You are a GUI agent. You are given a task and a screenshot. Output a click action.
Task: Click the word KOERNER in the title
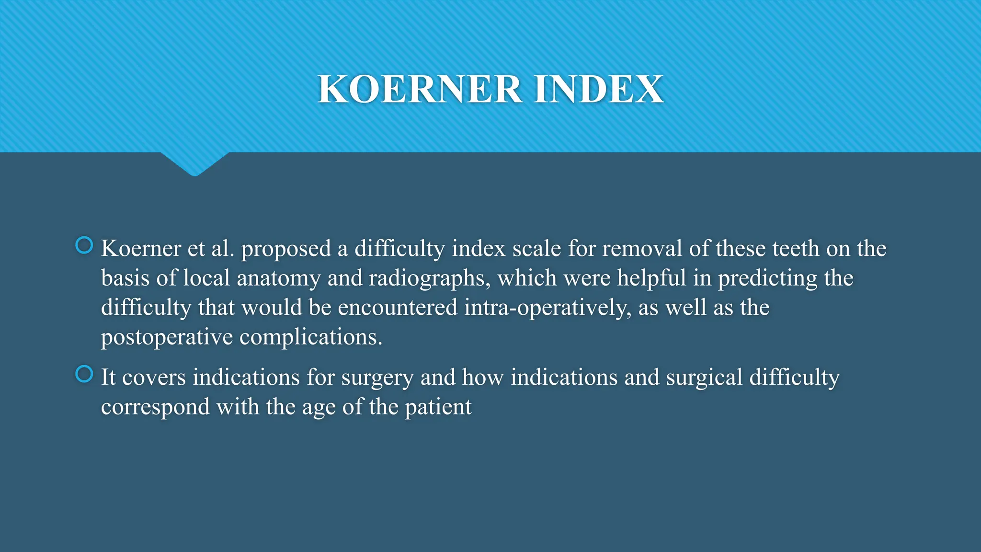point(420,90)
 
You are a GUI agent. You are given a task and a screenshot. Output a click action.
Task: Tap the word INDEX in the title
point(598,90)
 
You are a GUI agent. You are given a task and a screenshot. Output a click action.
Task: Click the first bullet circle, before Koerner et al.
point(84,245)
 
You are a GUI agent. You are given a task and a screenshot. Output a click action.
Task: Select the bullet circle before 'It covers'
point(84,374)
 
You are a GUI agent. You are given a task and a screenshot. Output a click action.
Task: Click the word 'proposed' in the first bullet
point(286,249)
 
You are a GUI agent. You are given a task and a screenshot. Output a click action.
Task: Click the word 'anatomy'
point(278,278)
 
